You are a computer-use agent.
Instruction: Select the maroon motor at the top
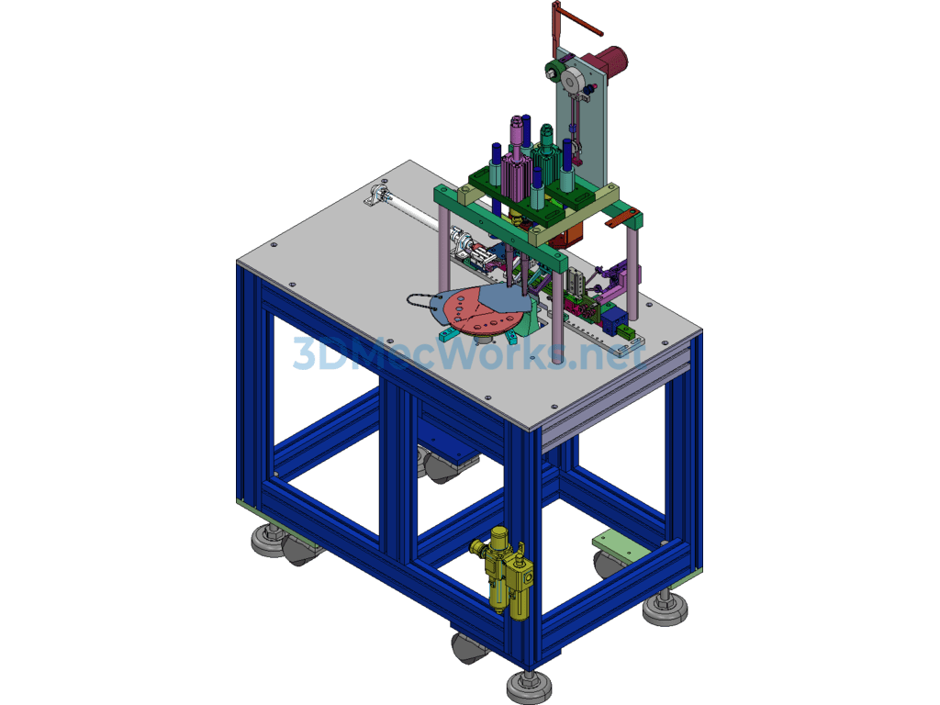(608, 61)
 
